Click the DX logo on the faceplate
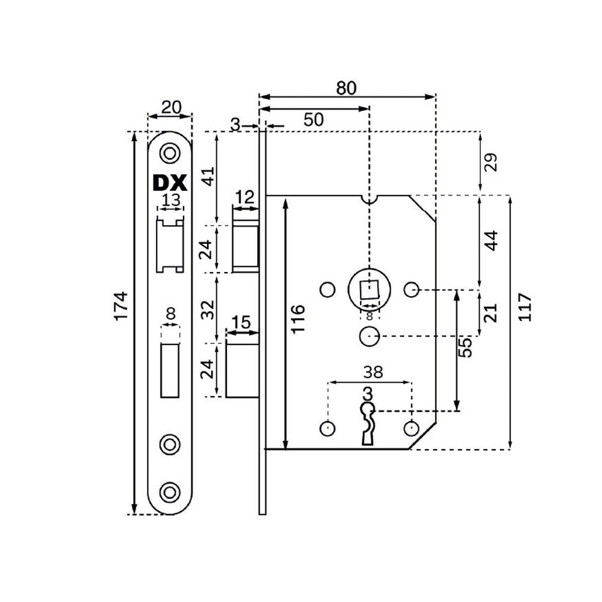(170, 183)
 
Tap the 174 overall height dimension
(122, 306)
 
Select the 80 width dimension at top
(346, 88)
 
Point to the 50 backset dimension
(314, 120)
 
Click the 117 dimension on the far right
(524, 307)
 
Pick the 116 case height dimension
(298, 319)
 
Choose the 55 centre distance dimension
(465, 347)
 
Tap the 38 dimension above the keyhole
(373, 372)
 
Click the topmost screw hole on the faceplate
(170, 154)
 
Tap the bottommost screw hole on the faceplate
(170, 491)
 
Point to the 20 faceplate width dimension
(171, 108)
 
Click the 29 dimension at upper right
(491, 162)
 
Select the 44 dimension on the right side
(491, 241)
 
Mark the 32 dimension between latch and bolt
(207, 309)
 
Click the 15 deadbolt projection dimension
(241, 321)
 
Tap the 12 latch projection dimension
(244, 197)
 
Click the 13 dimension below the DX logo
(171, 200)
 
